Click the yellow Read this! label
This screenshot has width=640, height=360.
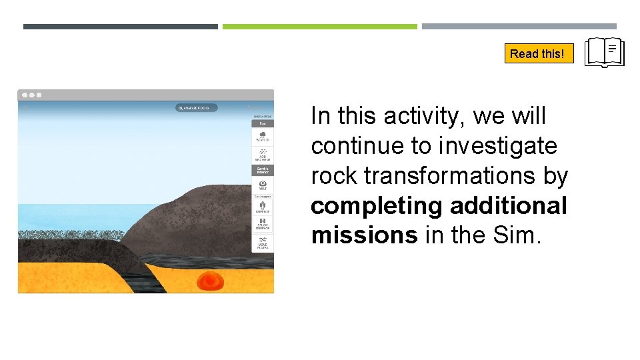point(539,53)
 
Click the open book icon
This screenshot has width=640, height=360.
point(604,53)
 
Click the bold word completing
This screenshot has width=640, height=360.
point(377,206)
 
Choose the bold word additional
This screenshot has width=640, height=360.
point(509,206)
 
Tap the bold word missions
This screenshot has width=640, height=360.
point(364,235)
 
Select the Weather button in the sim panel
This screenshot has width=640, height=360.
point(263,136)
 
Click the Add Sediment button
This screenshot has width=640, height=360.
point(263,155)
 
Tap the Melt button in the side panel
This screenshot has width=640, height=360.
point(263,185)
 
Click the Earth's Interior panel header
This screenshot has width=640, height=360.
point(263,169)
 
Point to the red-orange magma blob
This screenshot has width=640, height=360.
point(211,281)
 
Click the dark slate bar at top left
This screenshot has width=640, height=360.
point(120,27)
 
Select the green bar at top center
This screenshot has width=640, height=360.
point(319,27)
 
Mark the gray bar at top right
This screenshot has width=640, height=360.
point(519,27)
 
